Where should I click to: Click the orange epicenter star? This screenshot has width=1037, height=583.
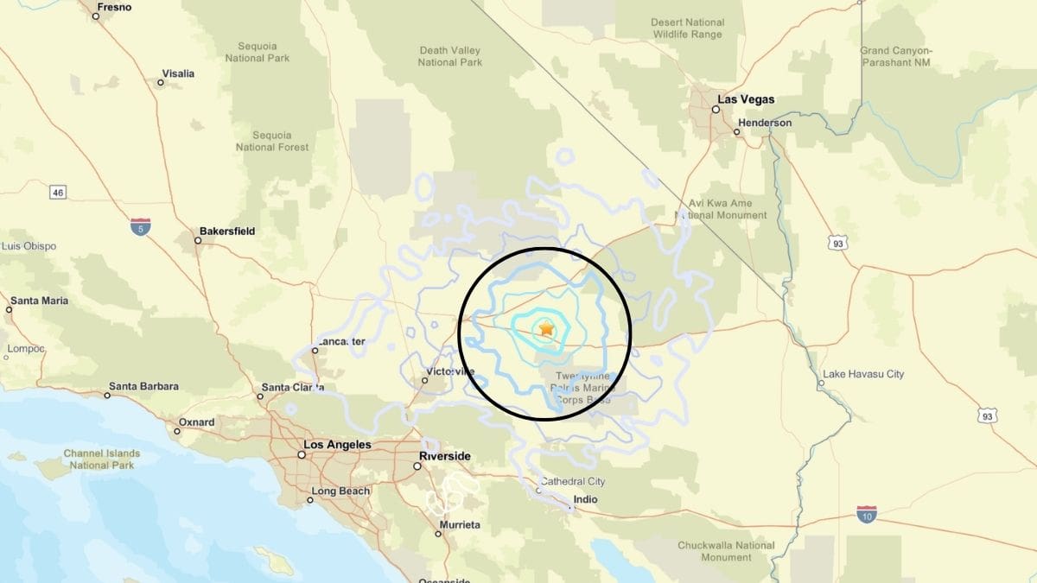tap(546, 329)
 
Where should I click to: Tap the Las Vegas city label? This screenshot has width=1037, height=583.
tap(746, 99)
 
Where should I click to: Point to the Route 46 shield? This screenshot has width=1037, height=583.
tap(58, 192)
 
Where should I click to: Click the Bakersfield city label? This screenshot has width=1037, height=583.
tap(227, 231)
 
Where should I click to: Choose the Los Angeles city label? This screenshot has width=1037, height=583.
tap(337, 445)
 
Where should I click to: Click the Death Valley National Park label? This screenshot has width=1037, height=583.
tap(449, 56)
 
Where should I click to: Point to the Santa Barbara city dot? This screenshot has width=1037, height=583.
tap(107, 396)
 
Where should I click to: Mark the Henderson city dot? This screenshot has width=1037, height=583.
tap(736, 132)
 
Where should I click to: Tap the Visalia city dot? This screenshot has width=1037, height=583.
tap(160, 83)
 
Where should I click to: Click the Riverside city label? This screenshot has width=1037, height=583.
tap(445, 456)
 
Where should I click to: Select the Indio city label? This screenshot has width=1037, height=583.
tap(585, 499)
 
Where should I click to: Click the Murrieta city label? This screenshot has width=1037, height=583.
tap(459, 525)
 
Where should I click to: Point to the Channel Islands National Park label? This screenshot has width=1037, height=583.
tap(102, 459)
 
